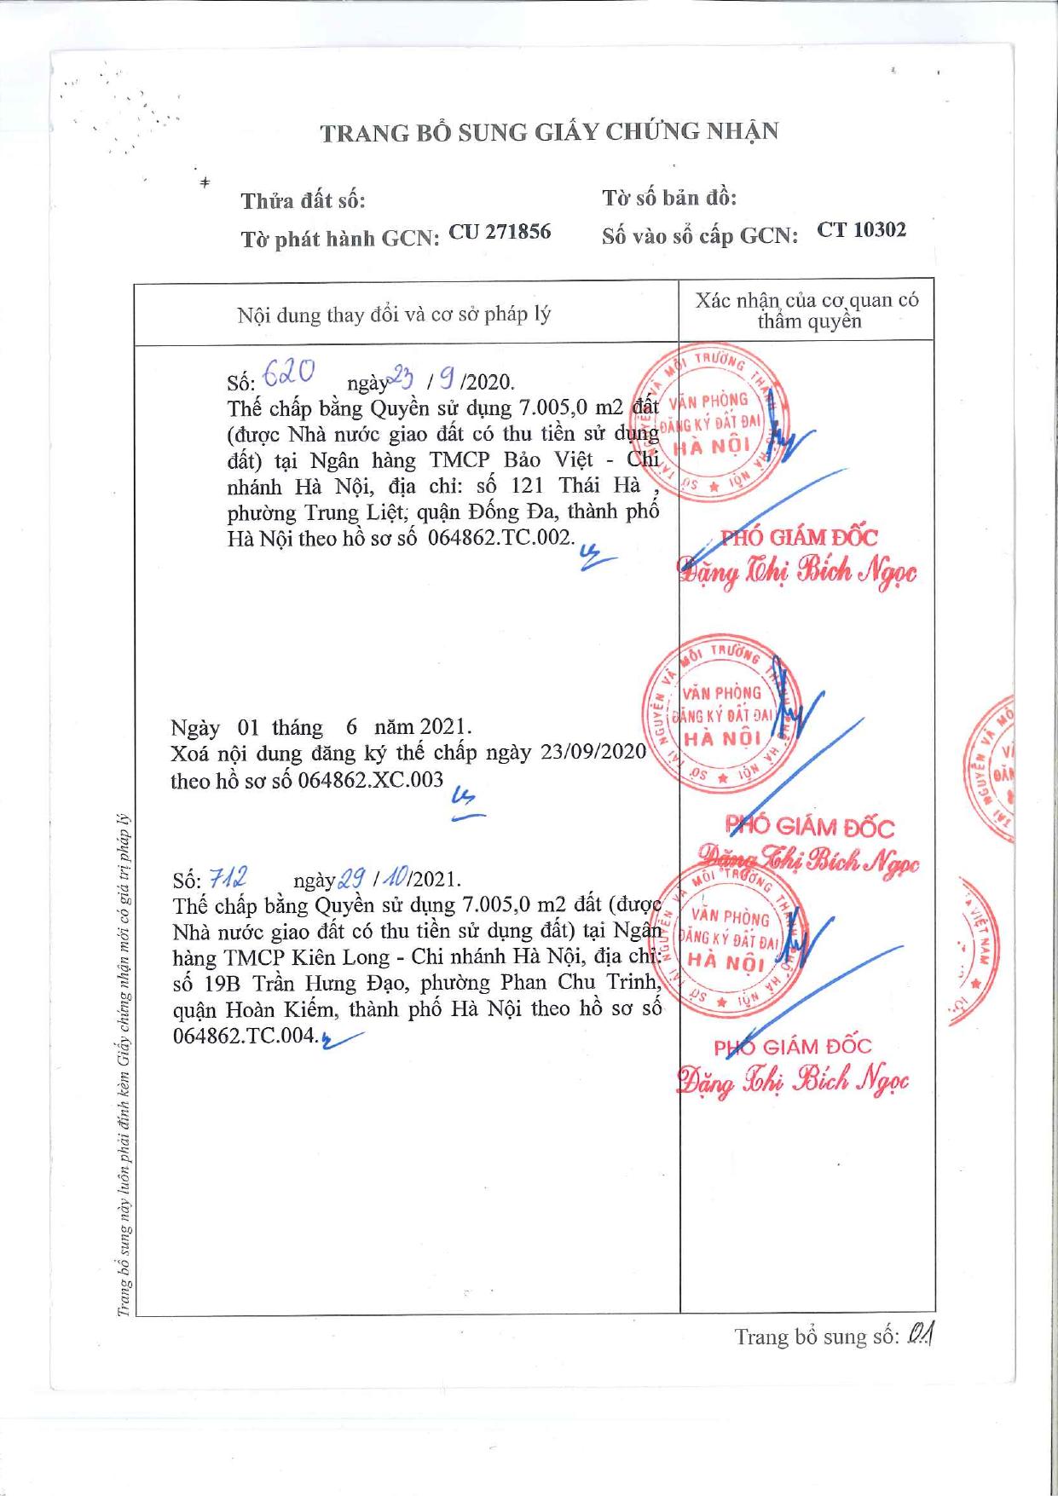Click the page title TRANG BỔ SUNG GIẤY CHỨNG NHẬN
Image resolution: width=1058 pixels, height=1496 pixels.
click(x=549, y=132)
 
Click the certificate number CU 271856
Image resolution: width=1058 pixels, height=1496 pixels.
click(x=500, y=232)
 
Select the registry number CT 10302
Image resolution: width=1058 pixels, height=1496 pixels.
click(x=861, y=229)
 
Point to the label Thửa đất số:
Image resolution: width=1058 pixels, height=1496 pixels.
click(x=303, y=201)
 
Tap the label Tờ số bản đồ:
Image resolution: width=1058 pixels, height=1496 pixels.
click(x=669, y=199)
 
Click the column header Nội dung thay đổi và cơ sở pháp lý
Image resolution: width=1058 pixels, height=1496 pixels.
click(x=394, y=315)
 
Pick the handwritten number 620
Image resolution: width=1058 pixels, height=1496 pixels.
click(x=290, y=372)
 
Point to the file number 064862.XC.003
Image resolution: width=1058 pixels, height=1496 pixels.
click(x=371, y=780)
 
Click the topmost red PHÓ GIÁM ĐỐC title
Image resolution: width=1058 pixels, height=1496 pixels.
click(x=799, y=537)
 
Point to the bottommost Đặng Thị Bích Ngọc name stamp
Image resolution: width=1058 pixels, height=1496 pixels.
click(x=793, y=1081)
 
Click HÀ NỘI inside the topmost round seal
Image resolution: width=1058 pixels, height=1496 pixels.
click(x=717, y=447)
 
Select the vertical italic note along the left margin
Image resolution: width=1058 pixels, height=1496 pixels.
click(x=124, y=1066)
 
